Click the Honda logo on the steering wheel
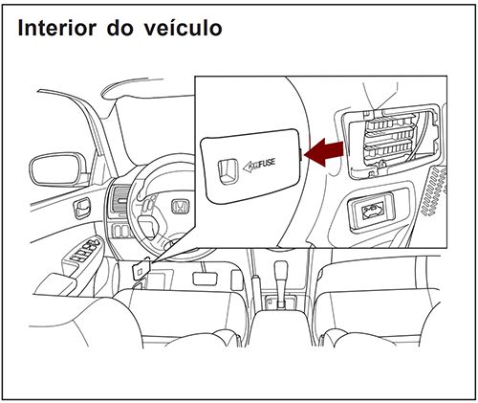pyautogui.click(x=179, y=206)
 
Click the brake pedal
pyautogui.click(x=204, y=279)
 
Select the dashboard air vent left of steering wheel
pyautogui.click(x=120, y=204)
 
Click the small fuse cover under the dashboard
pyautogui.click(x=140, y=271)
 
